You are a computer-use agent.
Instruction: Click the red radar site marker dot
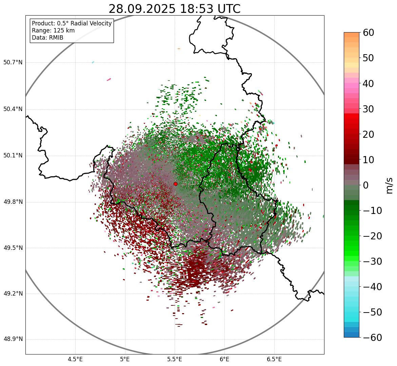click(175, 184)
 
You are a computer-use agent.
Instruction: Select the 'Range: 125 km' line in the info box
click(53, 30)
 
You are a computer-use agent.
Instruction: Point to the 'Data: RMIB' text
click(47, 38)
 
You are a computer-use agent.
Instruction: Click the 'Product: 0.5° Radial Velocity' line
click(72, 23)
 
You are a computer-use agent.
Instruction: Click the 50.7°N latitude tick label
click(13, 62)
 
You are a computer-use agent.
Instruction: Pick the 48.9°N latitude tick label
click(13, 339)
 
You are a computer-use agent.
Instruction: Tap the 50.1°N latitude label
click(13, 156)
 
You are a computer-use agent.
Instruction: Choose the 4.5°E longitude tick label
click(75, 359)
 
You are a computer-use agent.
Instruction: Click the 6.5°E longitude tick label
click(274, 359)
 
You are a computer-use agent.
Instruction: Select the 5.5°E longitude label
click(175, 359)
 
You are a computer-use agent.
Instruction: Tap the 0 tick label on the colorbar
click(366, 185)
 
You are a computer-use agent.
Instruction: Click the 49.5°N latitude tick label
click(13, 248)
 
